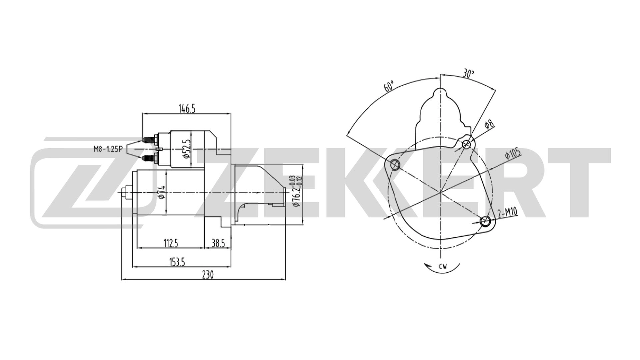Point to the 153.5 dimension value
(x=177, y=262)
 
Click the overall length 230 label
(x=207, y=275)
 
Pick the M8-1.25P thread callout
(x=108, y=149)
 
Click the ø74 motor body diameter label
(x=161, y=193)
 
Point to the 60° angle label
(x=388, y=86)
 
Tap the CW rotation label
(x=443, y=266)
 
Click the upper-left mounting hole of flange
(x=395, y=164)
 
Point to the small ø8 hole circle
(x=466, y=144)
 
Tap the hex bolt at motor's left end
(x=124, y=192)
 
